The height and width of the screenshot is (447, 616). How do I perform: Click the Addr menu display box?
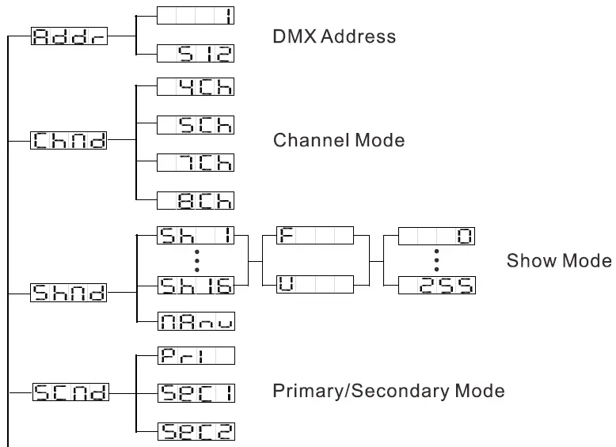pos(68,36)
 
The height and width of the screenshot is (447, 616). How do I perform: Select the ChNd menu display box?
pos(68,141)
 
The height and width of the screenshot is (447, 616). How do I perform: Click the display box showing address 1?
pos(196,15)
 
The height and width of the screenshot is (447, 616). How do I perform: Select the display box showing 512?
pos(196,54)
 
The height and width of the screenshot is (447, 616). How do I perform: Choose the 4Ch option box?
pos(196,86)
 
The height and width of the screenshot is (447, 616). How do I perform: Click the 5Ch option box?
pos(196,124)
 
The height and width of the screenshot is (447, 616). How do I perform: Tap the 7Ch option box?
pos(196,161)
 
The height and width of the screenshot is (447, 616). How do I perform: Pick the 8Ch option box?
pos(196,199)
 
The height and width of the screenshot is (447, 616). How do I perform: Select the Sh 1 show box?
pos(196,237)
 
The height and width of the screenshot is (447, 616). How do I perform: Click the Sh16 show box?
pos(196,286)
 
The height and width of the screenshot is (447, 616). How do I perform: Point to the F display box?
pos(314,237)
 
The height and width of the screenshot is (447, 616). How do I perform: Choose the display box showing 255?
pos(436,286)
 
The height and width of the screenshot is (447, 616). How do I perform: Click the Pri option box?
pos(196,355)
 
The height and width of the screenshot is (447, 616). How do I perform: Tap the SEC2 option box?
pos(196,430)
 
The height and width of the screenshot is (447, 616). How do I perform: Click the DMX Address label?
pos(333,36)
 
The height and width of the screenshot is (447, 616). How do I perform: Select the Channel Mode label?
pos(338,141)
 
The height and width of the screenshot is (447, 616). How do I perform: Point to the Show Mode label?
pos(559,261)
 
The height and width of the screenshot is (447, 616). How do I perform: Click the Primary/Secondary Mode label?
pos(388,392)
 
